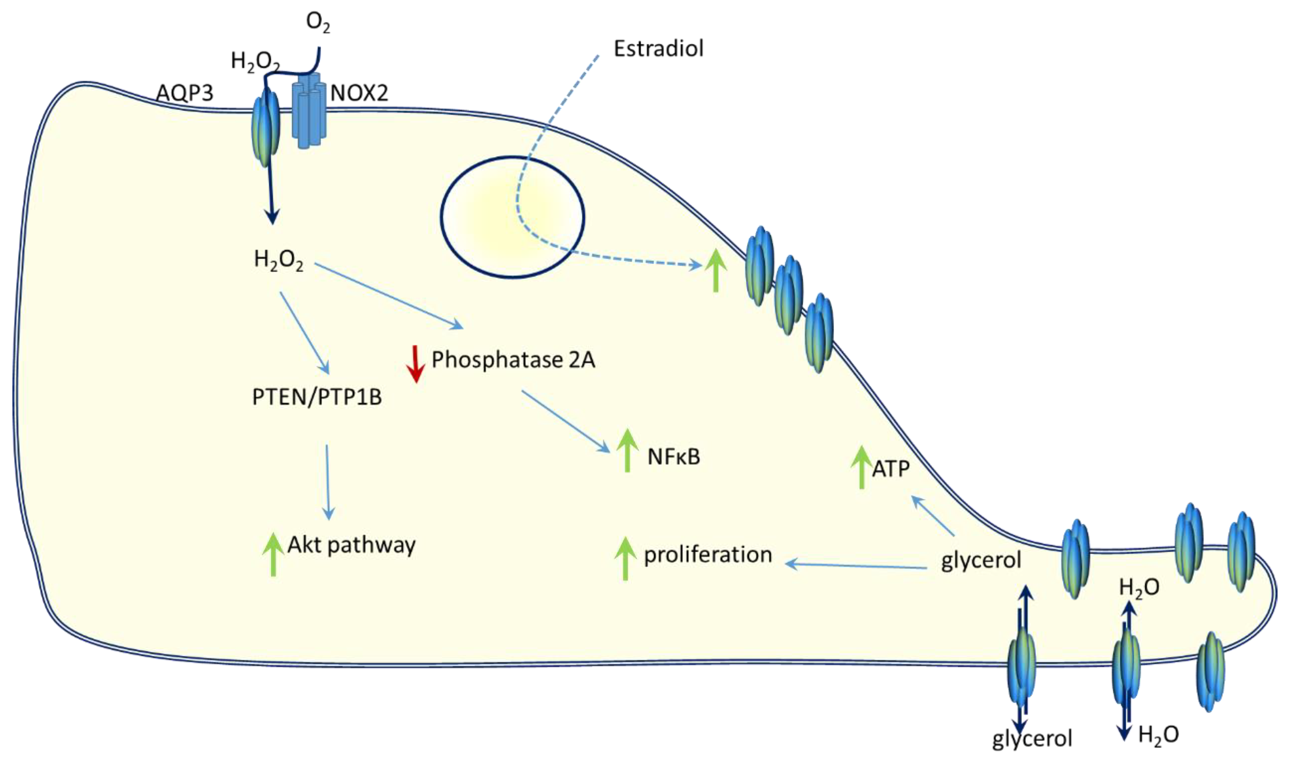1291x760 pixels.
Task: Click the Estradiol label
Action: click(x=658, y=49)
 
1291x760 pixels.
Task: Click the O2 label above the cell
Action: click(x=318, y=23)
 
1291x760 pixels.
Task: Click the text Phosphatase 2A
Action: click(x=513, y=360)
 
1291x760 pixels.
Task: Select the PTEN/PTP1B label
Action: click(x=317, y=397)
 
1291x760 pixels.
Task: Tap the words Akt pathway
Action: click(x=351, y=545)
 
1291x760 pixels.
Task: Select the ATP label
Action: click(x=891, y=469)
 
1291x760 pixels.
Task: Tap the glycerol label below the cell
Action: click(x=1032, y=738)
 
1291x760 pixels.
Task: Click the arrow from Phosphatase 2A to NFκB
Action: click(x=566, y=421)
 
